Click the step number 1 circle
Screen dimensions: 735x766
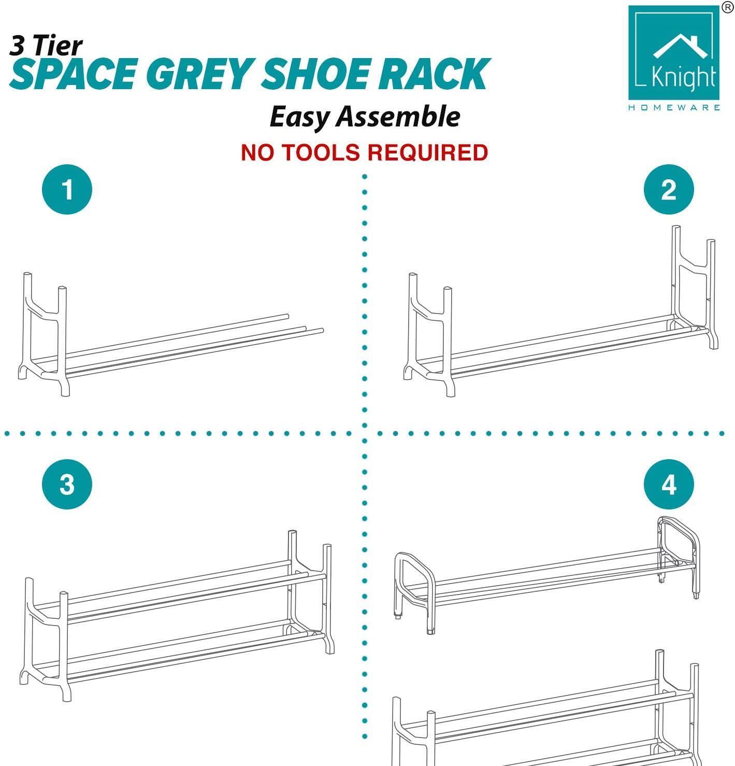(x=67, y=189)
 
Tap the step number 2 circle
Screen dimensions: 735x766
(x=669, y=189)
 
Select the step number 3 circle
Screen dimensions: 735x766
(x=67, y=484)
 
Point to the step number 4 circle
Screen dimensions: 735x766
(x=669, y=484)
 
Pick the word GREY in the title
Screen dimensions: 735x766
(x=199, y=74)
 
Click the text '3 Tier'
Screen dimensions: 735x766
(x=46, y=46)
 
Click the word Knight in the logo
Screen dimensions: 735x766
(x=683, y=77)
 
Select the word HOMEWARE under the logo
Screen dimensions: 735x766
(x=674, y=107)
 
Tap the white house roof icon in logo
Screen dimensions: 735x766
(x=680, y=46)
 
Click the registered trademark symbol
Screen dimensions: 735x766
(x=728, y=7)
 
